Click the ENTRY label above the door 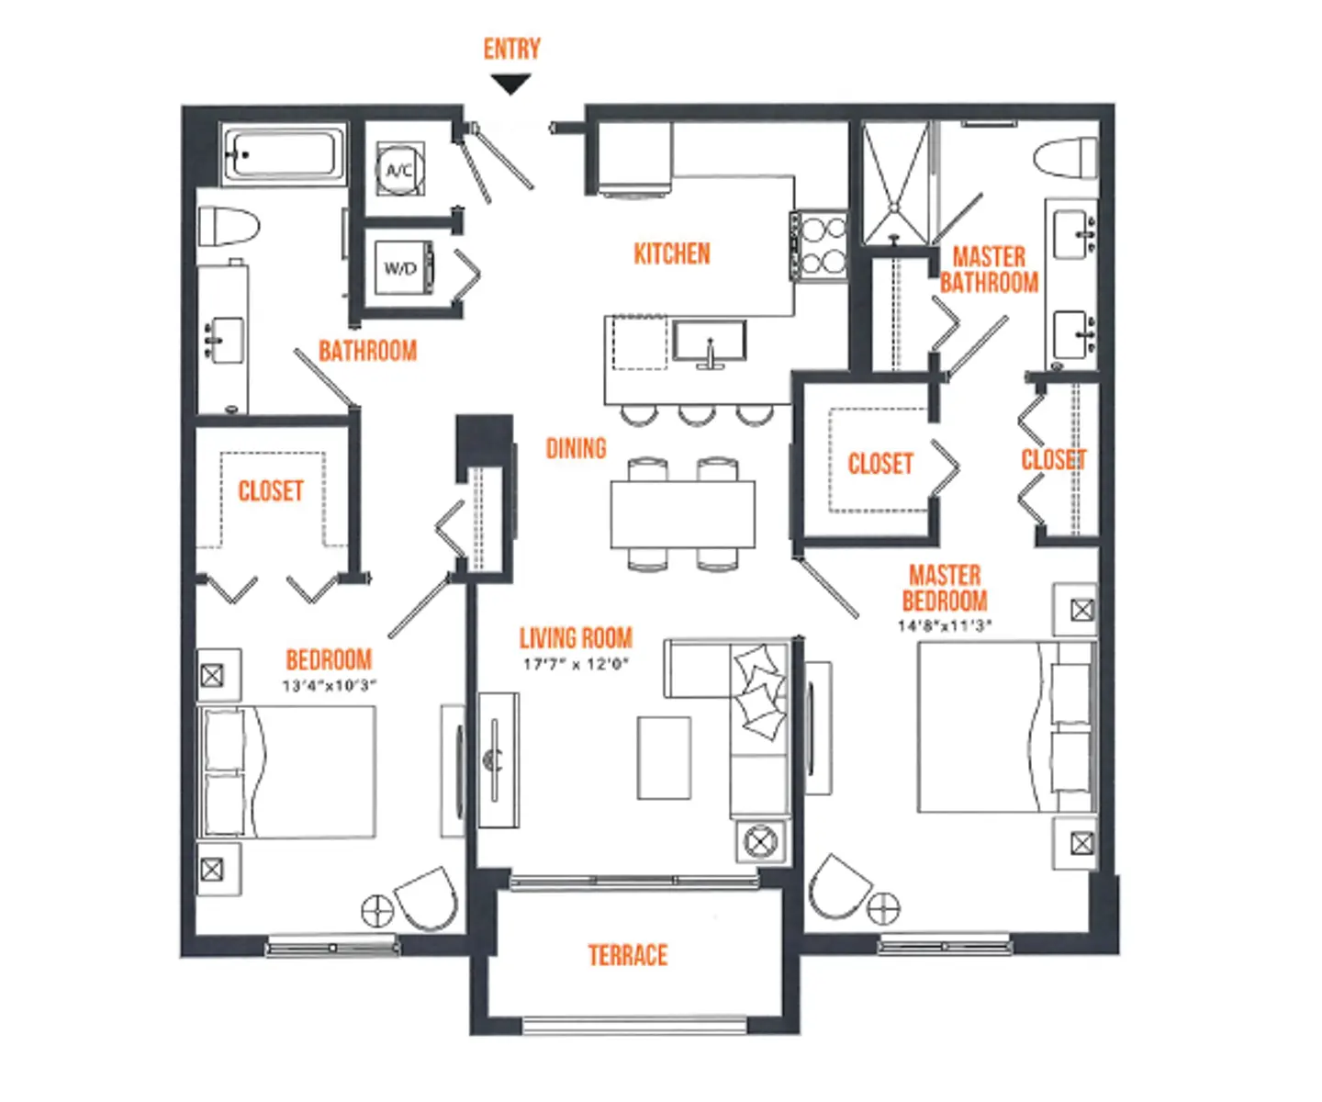click(511, 49)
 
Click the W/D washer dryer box click(403, 268)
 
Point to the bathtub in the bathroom click(283, 154)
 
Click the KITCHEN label click(672, 254)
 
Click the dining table click(682, 514)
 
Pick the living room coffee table click(664, 759)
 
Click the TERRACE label click(627, 955)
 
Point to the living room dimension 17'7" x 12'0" click(576, 664)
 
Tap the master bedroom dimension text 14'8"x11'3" click(944, 626)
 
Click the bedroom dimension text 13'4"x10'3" click(330, 685)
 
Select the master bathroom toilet click(1067, 158)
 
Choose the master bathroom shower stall click(895, 183)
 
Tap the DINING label click(576, 448)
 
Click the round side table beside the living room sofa click(760, 842)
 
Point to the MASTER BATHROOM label click(989, 270)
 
